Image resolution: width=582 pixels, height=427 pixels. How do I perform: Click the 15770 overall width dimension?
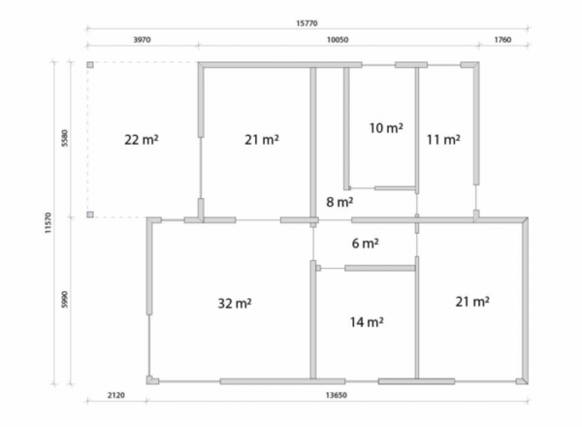[307, 23]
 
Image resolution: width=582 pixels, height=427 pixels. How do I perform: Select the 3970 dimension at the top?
[142, 40]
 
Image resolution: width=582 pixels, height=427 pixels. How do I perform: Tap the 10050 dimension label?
[338, 40]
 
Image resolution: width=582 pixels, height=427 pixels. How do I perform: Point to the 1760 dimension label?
[502, 40]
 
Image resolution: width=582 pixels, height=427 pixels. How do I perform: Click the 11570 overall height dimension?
[48, 223]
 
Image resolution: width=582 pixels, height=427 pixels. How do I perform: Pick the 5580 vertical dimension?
[65, 138]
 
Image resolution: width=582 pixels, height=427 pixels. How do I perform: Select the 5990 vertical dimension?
[65, 299]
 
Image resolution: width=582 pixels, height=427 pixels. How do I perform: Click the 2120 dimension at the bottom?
[116, 395]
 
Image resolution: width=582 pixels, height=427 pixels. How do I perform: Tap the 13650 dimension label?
[337, 395]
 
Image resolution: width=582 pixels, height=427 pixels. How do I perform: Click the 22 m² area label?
[141, 140]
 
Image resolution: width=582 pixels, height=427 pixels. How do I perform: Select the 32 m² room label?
[235, 304]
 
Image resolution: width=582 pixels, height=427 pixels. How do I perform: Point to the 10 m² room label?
[386, 128]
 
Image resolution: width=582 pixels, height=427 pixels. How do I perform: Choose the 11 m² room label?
[443, 140]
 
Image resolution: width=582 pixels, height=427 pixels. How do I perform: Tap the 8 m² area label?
[339, 202]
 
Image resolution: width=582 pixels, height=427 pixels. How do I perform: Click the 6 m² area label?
[366, 244]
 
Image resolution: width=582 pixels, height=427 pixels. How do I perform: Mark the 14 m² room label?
[367, 322]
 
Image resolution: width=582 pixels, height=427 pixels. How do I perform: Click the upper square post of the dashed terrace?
[90, 65]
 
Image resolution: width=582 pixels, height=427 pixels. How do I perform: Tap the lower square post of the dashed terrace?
[90, 214]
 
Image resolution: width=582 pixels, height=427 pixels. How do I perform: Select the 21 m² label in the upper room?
[262, 140]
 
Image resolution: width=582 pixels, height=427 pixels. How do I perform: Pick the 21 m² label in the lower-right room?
[472, 302]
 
